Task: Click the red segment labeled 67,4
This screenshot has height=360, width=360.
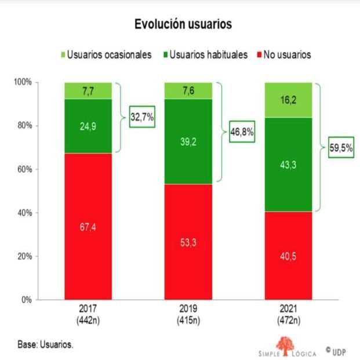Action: click(x=88, y=227)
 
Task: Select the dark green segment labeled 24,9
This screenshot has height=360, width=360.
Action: click(x=88, y=126)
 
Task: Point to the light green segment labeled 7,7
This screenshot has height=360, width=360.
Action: click(x=88, y=90)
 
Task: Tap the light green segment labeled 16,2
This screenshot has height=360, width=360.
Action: click(x=288, y=100)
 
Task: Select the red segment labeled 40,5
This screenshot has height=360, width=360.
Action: click(x=288, y=256)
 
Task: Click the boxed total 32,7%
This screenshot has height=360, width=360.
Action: click(x=141, y=118)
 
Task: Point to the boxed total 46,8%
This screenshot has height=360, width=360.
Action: click(x=242, y=132)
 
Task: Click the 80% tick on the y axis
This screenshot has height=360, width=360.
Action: click(x=23, y=126)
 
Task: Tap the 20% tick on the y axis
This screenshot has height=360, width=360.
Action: click(x=23, y=256)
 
